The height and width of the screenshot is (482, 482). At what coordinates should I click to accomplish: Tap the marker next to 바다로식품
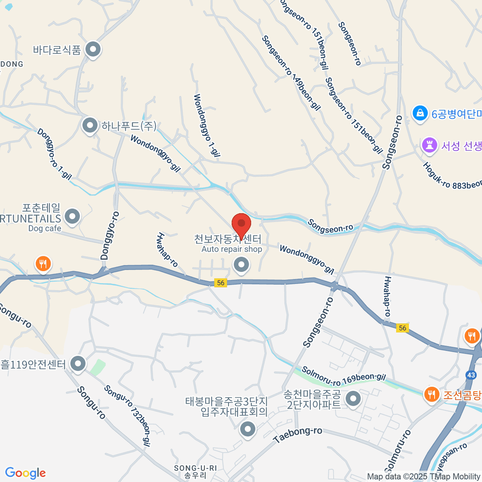click(x=94, y=50)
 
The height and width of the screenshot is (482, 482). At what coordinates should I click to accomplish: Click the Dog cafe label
click(x=45, y=229)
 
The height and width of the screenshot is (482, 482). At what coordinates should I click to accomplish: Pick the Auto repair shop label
click(x=232, y=249)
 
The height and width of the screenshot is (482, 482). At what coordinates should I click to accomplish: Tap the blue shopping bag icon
click(x=420, y=114)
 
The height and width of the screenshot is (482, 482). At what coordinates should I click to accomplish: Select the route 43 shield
click(x=471, y=375)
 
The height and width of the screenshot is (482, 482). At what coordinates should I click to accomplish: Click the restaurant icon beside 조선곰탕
click(x=431, y=394)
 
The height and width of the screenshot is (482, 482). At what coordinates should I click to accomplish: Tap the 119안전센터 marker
click(x=78, y=364)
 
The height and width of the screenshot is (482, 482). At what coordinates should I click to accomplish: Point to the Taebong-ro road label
click(x=298, y=435)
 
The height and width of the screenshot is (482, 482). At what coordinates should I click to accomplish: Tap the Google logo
click(x=25, y=473)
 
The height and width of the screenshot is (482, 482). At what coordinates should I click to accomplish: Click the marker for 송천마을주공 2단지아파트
click(x=354, y=399)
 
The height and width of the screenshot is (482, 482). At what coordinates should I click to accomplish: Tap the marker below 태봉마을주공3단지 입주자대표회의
click(x=247, y=429)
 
